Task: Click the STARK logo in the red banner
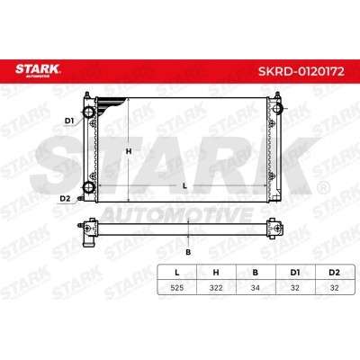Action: (x=38, y=70)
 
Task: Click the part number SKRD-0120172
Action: (x=301, y=72)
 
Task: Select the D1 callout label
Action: (x=69, y=121)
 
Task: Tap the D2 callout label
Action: (x=65, y=198)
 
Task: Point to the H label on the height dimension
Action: (x=129, y=151)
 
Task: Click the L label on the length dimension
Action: (x=184, y=186)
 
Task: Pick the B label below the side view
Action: (x=188, y=252)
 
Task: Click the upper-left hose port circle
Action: (x=89, y=112)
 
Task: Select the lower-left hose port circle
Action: (x=89, y=187)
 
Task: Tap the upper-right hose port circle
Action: (x=277, y=109)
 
